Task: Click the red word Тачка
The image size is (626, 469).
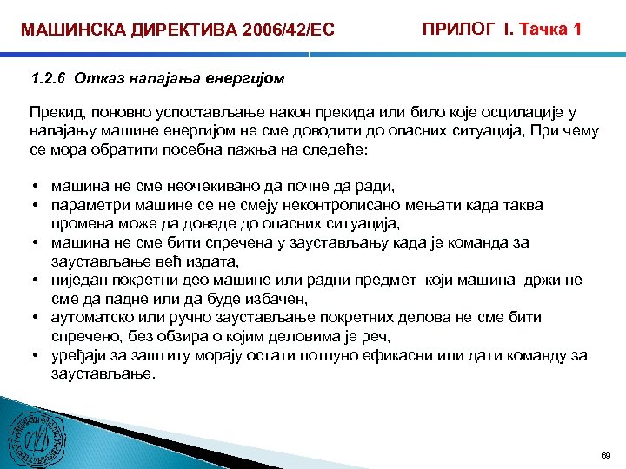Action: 542,29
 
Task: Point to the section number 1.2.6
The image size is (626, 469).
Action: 49,79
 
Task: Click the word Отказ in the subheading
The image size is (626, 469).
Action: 93,79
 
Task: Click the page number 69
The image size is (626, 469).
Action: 606,455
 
